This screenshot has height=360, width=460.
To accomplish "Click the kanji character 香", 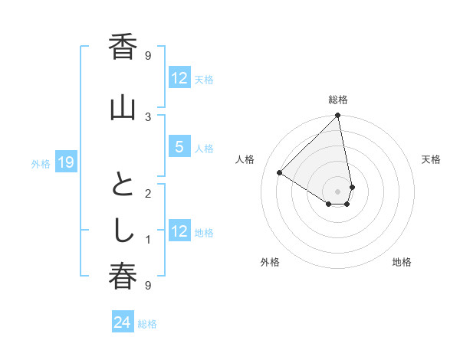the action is (123, 48).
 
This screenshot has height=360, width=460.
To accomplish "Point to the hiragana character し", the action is (123, 231).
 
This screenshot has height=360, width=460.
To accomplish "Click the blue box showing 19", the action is (65, 162).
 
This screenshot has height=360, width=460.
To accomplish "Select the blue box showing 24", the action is (122, 322).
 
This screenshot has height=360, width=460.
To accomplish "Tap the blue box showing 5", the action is (178, 147).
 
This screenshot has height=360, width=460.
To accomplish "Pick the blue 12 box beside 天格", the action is (178, 78).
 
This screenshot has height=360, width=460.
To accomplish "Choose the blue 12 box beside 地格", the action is (178, 231).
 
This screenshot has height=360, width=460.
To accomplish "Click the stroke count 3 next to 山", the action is (148, 116).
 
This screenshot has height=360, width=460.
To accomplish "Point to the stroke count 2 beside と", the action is (148, 194).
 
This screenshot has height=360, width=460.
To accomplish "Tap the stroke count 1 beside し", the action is (148, 240).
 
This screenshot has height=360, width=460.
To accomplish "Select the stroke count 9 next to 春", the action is (148, 285).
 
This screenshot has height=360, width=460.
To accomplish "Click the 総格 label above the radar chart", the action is (338, 100).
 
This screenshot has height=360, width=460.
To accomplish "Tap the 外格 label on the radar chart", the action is (270, 262).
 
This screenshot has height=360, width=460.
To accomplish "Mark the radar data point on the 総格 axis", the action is (338, 116).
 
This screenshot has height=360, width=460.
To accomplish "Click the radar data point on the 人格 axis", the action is (280, 173).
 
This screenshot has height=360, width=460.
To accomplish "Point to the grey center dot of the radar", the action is (338, 191).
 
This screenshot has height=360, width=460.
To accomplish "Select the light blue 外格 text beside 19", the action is (41, 162).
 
